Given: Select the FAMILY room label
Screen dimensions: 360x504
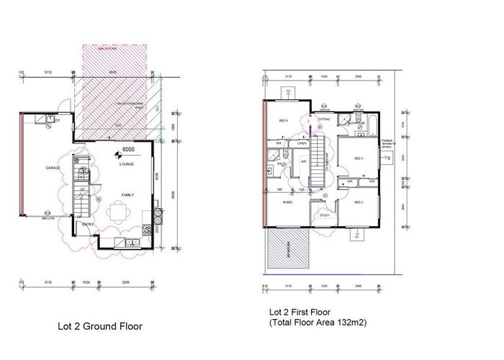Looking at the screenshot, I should [x=127, y=194].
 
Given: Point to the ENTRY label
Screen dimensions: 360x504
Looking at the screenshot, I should [x=88, y=224].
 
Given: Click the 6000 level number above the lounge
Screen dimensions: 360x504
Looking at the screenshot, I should [x=130, y=150].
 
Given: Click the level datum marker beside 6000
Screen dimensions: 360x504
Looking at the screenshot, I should [x=117, y=153].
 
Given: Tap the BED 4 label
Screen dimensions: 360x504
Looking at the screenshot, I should [x=283, y=120].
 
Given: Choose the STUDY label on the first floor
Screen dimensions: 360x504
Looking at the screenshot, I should [x=325, y=214].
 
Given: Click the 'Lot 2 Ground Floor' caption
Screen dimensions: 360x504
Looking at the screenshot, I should [x=100, y=326].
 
